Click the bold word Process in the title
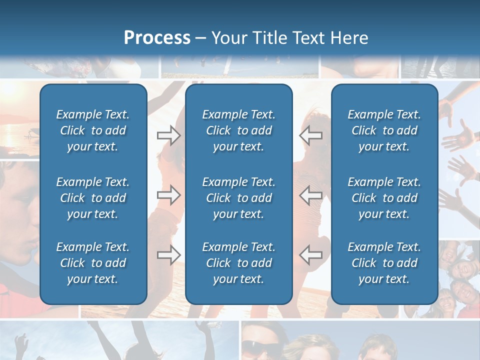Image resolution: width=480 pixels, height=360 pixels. coord(157,38)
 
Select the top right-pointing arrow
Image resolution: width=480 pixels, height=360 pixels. coord(168,135)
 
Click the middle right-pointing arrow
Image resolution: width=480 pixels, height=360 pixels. coord(168,195)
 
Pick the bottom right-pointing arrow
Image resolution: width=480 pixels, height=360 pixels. coord(168,255)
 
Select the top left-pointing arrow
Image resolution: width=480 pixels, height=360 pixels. coord(310,135)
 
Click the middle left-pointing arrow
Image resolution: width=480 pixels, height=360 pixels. coord(310,195)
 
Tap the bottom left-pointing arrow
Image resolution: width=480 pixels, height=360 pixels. coord(310,255)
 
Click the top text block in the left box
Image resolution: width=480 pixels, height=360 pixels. coord(93,130)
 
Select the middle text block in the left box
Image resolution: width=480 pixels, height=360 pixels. coord(93,198)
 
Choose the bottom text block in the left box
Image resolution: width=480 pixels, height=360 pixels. coord(93,263)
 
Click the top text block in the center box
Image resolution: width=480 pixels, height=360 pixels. coord(238,130)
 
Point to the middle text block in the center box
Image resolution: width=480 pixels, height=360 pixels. coord(238,198)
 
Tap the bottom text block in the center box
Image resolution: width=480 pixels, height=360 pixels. coord(238,263)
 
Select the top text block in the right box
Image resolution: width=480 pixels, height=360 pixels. coord(384,130)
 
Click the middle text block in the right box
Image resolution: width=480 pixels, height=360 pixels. coord(384,198)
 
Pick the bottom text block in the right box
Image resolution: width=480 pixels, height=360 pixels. coord(384,263)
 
